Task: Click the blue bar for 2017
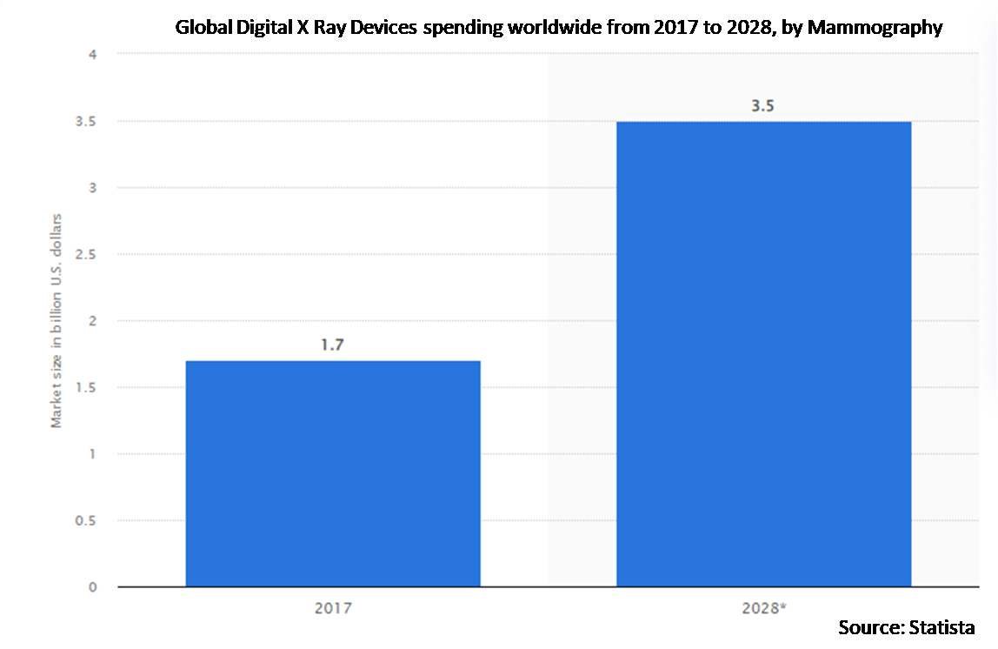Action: pyautogui.click(x=333, y=473)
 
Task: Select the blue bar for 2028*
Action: pyautogui.click(x=763, y=354)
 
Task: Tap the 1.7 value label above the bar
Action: pyautogui.click(x=333, y=345)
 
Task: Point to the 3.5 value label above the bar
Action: pyautogui.click(x=763, y=106)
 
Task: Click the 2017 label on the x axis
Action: pyautogui.click(x=333, y=608)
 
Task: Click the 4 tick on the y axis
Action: pyautogui.click(x=93, y=55)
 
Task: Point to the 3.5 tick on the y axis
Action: pyautogui.click(x=87, y=121)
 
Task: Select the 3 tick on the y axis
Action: pyautogui.click(x=93, y=188)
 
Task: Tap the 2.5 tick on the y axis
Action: pyautogui.click(x=87, y=254)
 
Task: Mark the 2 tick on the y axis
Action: pyautogui.click(x=93, y=321)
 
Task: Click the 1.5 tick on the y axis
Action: pyautogui.click(x=87, y=387)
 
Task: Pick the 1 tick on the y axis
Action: pyautogui.click(x=93, y=454)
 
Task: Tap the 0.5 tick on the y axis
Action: pyautogui.click(x=87, y=520)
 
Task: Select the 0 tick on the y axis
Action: pyautogui.click(x=93, y=587)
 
